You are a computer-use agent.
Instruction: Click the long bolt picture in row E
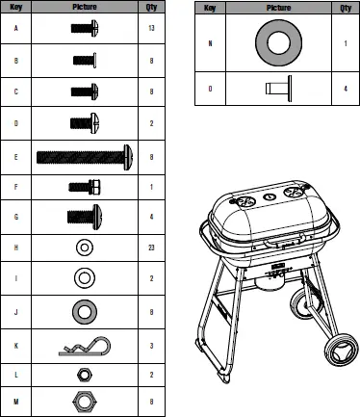pyautogui.click(x=85, y=154)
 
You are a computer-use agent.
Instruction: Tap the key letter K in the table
pyautogui.click(x=16, y=343)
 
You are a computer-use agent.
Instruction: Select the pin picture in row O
pyautogui.click(x=277, y=88)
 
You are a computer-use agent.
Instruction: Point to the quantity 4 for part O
pyautogui.click(x=344, y=88)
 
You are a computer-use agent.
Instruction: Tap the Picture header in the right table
pyautogui.click(x=277, y=8)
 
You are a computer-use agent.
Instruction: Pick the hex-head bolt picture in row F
pyautogui.click(x=83, y=186)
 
